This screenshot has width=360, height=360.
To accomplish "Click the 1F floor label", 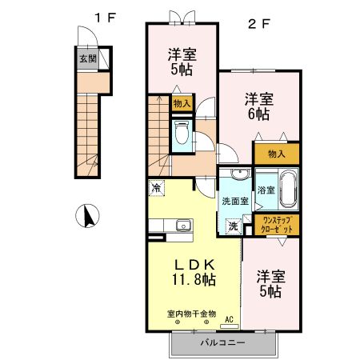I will coord(103,18).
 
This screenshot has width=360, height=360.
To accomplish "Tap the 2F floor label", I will coord(258,23).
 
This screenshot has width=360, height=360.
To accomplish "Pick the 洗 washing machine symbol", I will coord(234,227).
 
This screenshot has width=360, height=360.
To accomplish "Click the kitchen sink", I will coord(182,224).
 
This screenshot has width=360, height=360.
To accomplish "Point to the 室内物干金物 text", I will coord(191,313).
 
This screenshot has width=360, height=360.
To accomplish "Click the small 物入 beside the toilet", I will coord(182,103).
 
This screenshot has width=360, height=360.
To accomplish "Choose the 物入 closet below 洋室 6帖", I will coord(277,152).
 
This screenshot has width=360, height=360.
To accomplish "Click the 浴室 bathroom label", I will coord(266,190).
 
